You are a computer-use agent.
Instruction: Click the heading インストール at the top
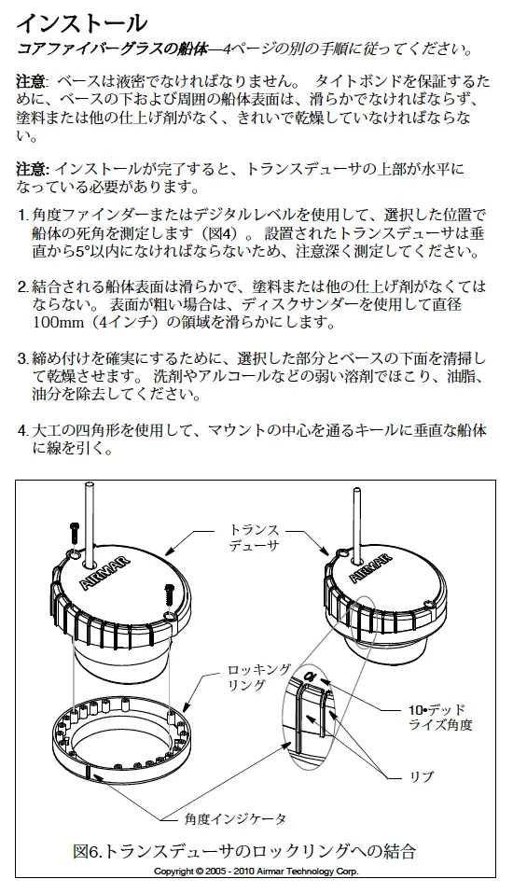pos(81,23)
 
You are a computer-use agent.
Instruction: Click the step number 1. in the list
pos(22,216)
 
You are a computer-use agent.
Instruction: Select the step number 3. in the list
pos(22,359)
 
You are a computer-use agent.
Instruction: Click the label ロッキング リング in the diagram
pos(258,677)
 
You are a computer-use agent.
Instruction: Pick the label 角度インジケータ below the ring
pos(234,819)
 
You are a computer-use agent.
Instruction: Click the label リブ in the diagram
pos(422,776)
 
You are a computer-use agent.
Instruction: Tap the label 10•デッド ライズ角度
pos(440,717)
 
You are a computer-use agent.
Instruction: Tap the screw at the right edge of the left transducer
pos(168,595)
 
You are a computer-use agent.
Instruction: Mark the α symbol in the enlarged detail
pos(310,677)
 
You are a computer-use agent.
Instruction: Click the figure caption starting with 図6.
pos(244,851)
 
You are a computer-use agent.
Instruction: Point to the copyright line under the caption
pos(256,871)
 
